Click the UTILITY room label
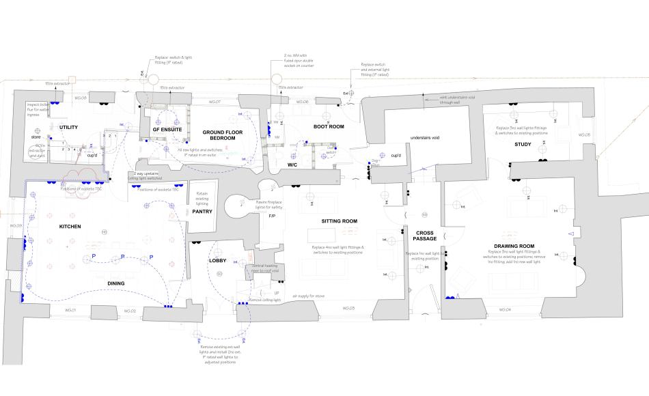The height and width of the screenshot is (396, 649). [x=69, y=128]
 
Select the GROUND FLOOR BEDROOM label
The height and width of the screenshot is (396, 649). [x=218, y=134]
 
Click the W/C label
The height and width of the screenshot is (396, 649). [x=292, y=165]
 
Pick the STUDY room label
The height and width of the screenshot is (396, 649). [x=523, y=144]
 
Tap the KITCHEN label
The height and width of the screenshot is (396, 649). [x=70, y=226]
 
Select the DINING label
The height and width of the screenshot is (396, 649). [x=116, y=283]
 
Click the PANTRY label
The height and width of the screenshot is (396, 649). [x=202, y=212]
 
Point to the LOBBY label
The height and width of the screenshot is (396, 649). [x=217, y=261]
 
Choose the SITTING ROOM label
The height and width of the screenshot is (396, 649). [x=340, y=222]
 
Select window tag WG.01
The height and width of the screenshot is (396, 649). [x=70, y=311]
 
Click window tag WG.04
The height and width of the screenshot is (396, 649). [x=505, y=310]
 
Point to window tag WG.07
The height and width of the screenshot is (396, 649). [x=213, y=102]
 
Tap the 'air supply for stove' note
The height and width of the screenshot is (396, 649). [x=308, y=296]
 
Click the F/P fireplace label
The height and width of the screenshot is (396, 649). [x=271, y=216]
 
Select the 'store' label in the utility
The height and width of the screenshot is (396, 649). [x=37, y=137]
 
